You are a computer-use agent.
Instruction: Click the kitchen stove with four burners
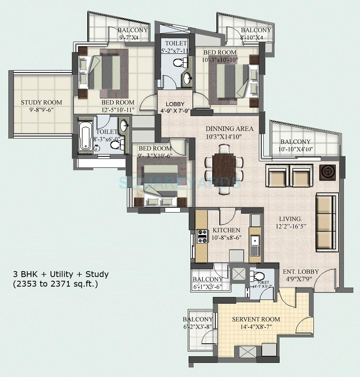coord(202,236)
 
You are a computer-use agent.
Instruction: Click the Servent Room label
coord(256,319)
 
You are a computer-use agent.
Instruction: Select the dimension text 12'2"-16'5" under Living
coord(290,226)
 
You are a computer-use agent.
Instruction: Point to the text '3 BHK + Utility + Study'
coord(61,274)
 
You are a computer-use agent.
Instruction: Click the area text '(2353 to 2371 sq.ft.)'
coord(55,284)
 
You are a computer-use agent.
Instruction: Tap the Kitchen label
coord(226,230)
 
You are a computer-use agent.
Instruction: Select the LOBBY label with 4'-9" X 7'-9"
coord(175,104)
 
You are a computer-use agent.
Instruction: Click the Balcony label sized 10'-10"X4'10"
coord(295,142)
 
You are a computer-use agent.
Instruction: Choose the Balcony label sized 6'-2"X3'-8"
coord(198,319)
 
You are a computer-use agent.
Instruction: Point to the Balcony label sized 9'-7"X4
coord(133,30)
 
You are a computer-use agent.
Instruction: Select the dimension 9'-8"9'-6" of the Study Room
coord(41,109)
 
